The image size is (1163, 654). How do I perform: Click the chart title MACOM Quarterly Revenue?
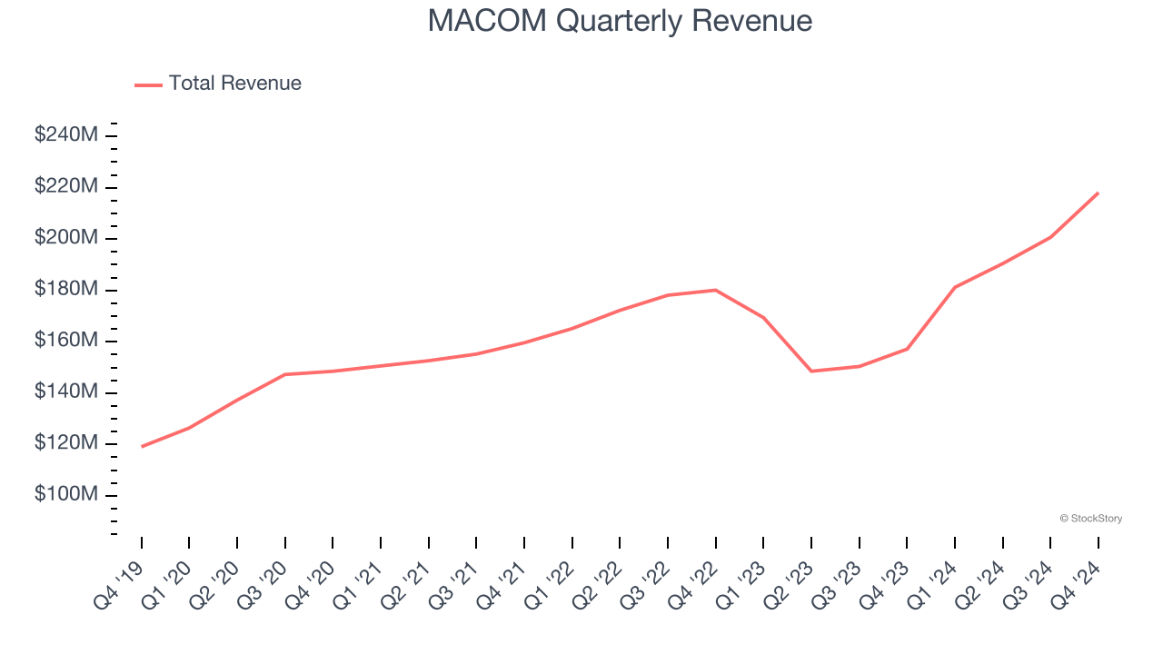[620, 21]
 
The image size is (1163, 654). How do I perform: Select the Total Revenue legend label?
[234, 84]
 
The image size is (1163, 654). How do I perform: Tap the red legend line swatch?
[148, 84]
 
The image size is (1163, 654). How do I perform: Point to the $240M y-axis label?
[66, 134]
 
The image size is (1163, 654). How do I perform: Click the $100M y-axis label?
[66, 494]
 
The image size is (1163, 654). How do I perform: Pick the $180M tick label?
[66, 289]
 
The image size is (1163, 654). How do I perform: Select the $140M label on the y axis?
[66, 391]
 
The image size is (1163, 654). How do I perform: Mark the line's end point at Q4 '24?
[1098, 193]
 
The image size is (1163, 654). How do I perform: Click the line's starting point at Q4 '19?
[142, 446]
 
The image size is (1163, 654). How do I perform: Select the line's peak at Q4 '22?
[715, 290]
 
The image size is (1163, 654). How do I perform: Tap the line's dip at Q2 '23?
[810, 371]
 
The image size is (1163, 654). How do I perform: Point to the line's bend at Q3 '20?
[285, 374]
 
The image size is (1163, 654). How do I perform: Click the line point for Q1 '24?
[954, 287]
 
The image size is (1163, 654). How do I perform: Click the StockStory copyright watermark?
[1090, 519]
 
